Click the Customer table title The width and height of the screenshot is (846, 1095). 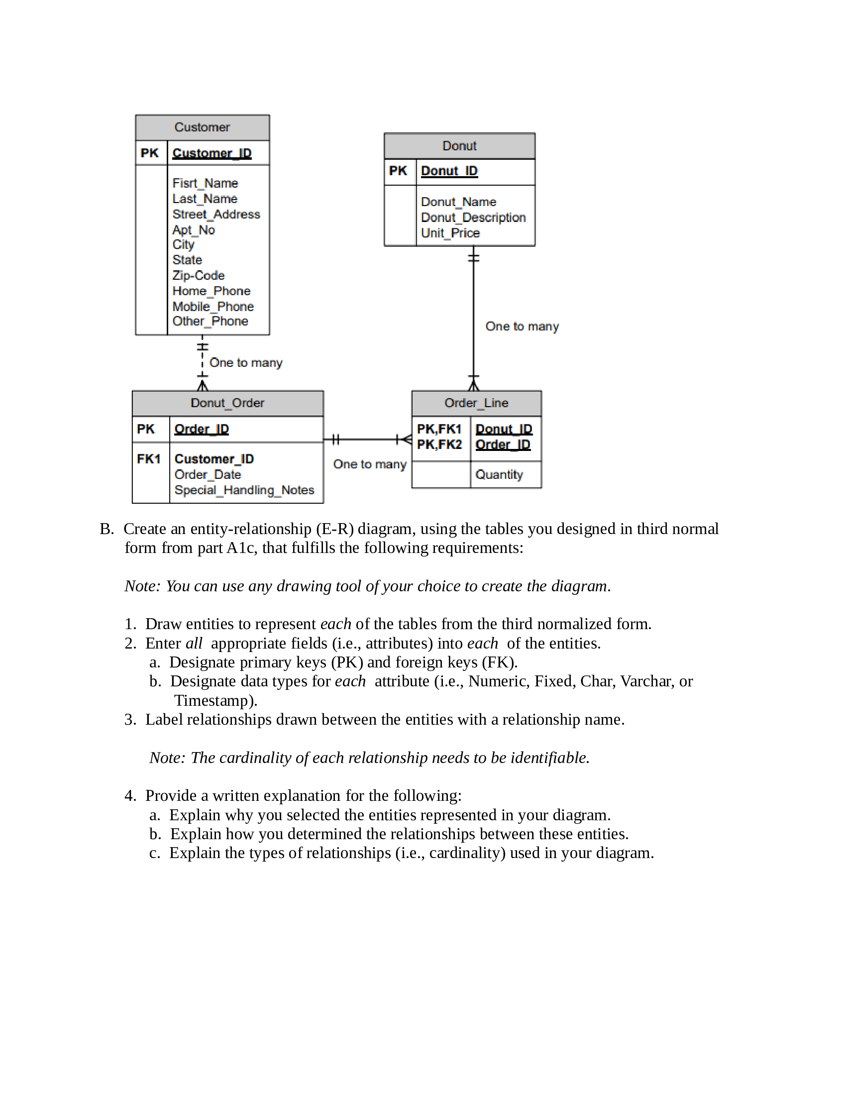click(x=202, y=127)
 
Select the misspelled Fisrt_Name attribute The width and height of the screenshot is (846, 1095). click(x=205, y=183)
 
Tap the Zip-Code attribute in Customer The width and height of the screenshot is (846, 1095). click(x=199, y=275)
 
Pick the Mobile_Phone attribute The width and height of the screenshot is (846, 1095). click(x=213, y=306)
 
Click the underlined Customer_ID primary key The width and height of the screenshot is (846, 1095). click(x=212, y=153)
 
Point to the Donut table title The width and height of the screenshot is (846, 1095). click(x=459, y=146)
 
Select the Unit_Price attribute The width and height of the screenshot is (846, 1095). click(x=450, y=233)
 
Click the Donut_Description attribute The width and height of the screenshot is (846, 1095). click(x=473, y=218)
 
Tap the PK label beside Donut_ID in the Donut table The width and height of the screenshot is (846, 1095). click(x=398, y=171)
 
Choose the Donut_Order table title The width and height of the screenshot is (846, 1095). click(x=227, y=403)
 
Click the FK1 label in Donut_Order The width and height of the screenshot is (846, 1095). click(x=148, y=459)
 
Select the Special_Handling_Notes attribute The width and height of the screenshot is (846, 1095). click(x=244, y=490)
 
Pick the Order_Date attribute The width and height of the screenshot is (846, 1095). click(x=208, y=474)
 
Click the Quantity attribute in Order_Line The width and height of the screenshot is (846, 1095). click(x=499, y=474)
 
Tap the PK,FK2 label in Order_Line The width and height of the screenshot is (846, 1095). click(x=439, y=444)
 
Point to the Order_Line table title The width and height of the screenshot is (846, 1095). click(x=476, y=403)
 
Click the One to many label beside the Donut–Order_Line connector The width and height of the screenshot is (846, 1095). click(x=522, y=327)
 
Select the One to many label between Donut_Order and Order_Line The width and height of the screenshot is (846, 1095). click(x=369, y=464)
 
